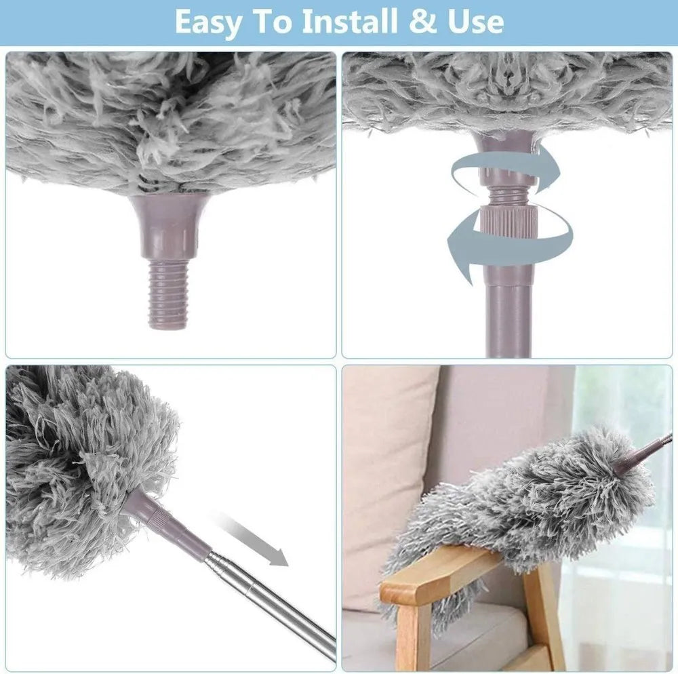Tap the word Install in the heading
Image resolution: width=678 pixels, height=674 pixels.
(x=350, y=21)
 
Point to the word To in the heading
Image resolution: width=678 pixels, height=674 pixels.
(x=272, y=22)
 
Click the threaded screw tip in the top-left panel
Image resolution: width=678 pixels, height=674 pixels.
(x=169, y=294)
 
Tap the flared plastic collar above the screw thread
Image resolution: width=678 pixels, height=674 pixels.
(x=169, y=226)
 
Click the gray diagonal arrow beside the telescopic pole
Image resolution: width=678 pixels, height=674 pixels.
(x=251, y=540)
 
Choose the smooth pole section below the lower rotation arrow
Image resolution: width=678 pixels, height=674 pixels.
(x=509, y=320)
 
